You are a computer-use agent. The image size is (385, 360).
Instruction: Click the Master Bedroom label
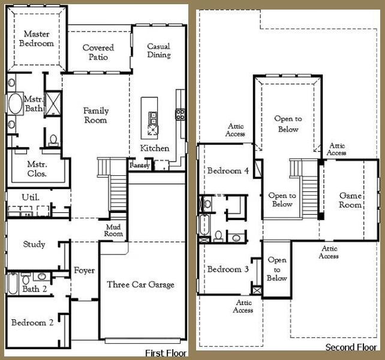(37, 39)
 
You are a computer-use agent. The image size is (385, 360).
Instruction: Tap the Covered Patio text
(98, 52)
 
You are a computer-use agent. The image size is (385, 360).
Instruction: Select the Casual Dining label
(159, 51)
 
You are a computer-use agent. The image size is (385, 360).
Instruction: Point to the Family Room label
(95, 115)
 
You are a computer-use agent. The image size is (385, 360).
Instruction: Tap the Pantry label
(139, 165)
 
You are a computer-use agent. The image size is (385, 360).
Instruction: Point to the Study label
(34, 244)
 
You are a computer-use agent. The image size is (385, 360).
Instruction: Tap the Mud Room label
(114, 230)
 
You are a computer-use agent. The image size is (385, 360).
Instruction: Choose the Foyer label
(84, 271)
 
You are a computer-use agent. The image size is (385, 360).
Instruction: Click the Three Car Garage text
(140, 284)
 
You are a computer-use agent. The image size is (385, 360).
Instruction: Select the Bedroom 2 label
(32, 322)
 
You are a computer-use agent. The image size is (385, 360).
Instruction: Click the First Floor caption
(166, 353)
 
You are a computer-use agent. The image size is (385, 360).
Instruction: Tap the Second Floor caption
(350, 347)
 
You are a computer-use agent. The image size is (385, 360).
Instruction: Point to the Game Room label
(350, 200)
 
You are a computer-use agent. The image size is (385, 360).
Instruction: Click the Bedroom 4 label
(228, 171)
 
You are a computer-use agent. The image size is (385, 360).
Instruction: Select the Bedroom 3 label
(228, 269)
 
